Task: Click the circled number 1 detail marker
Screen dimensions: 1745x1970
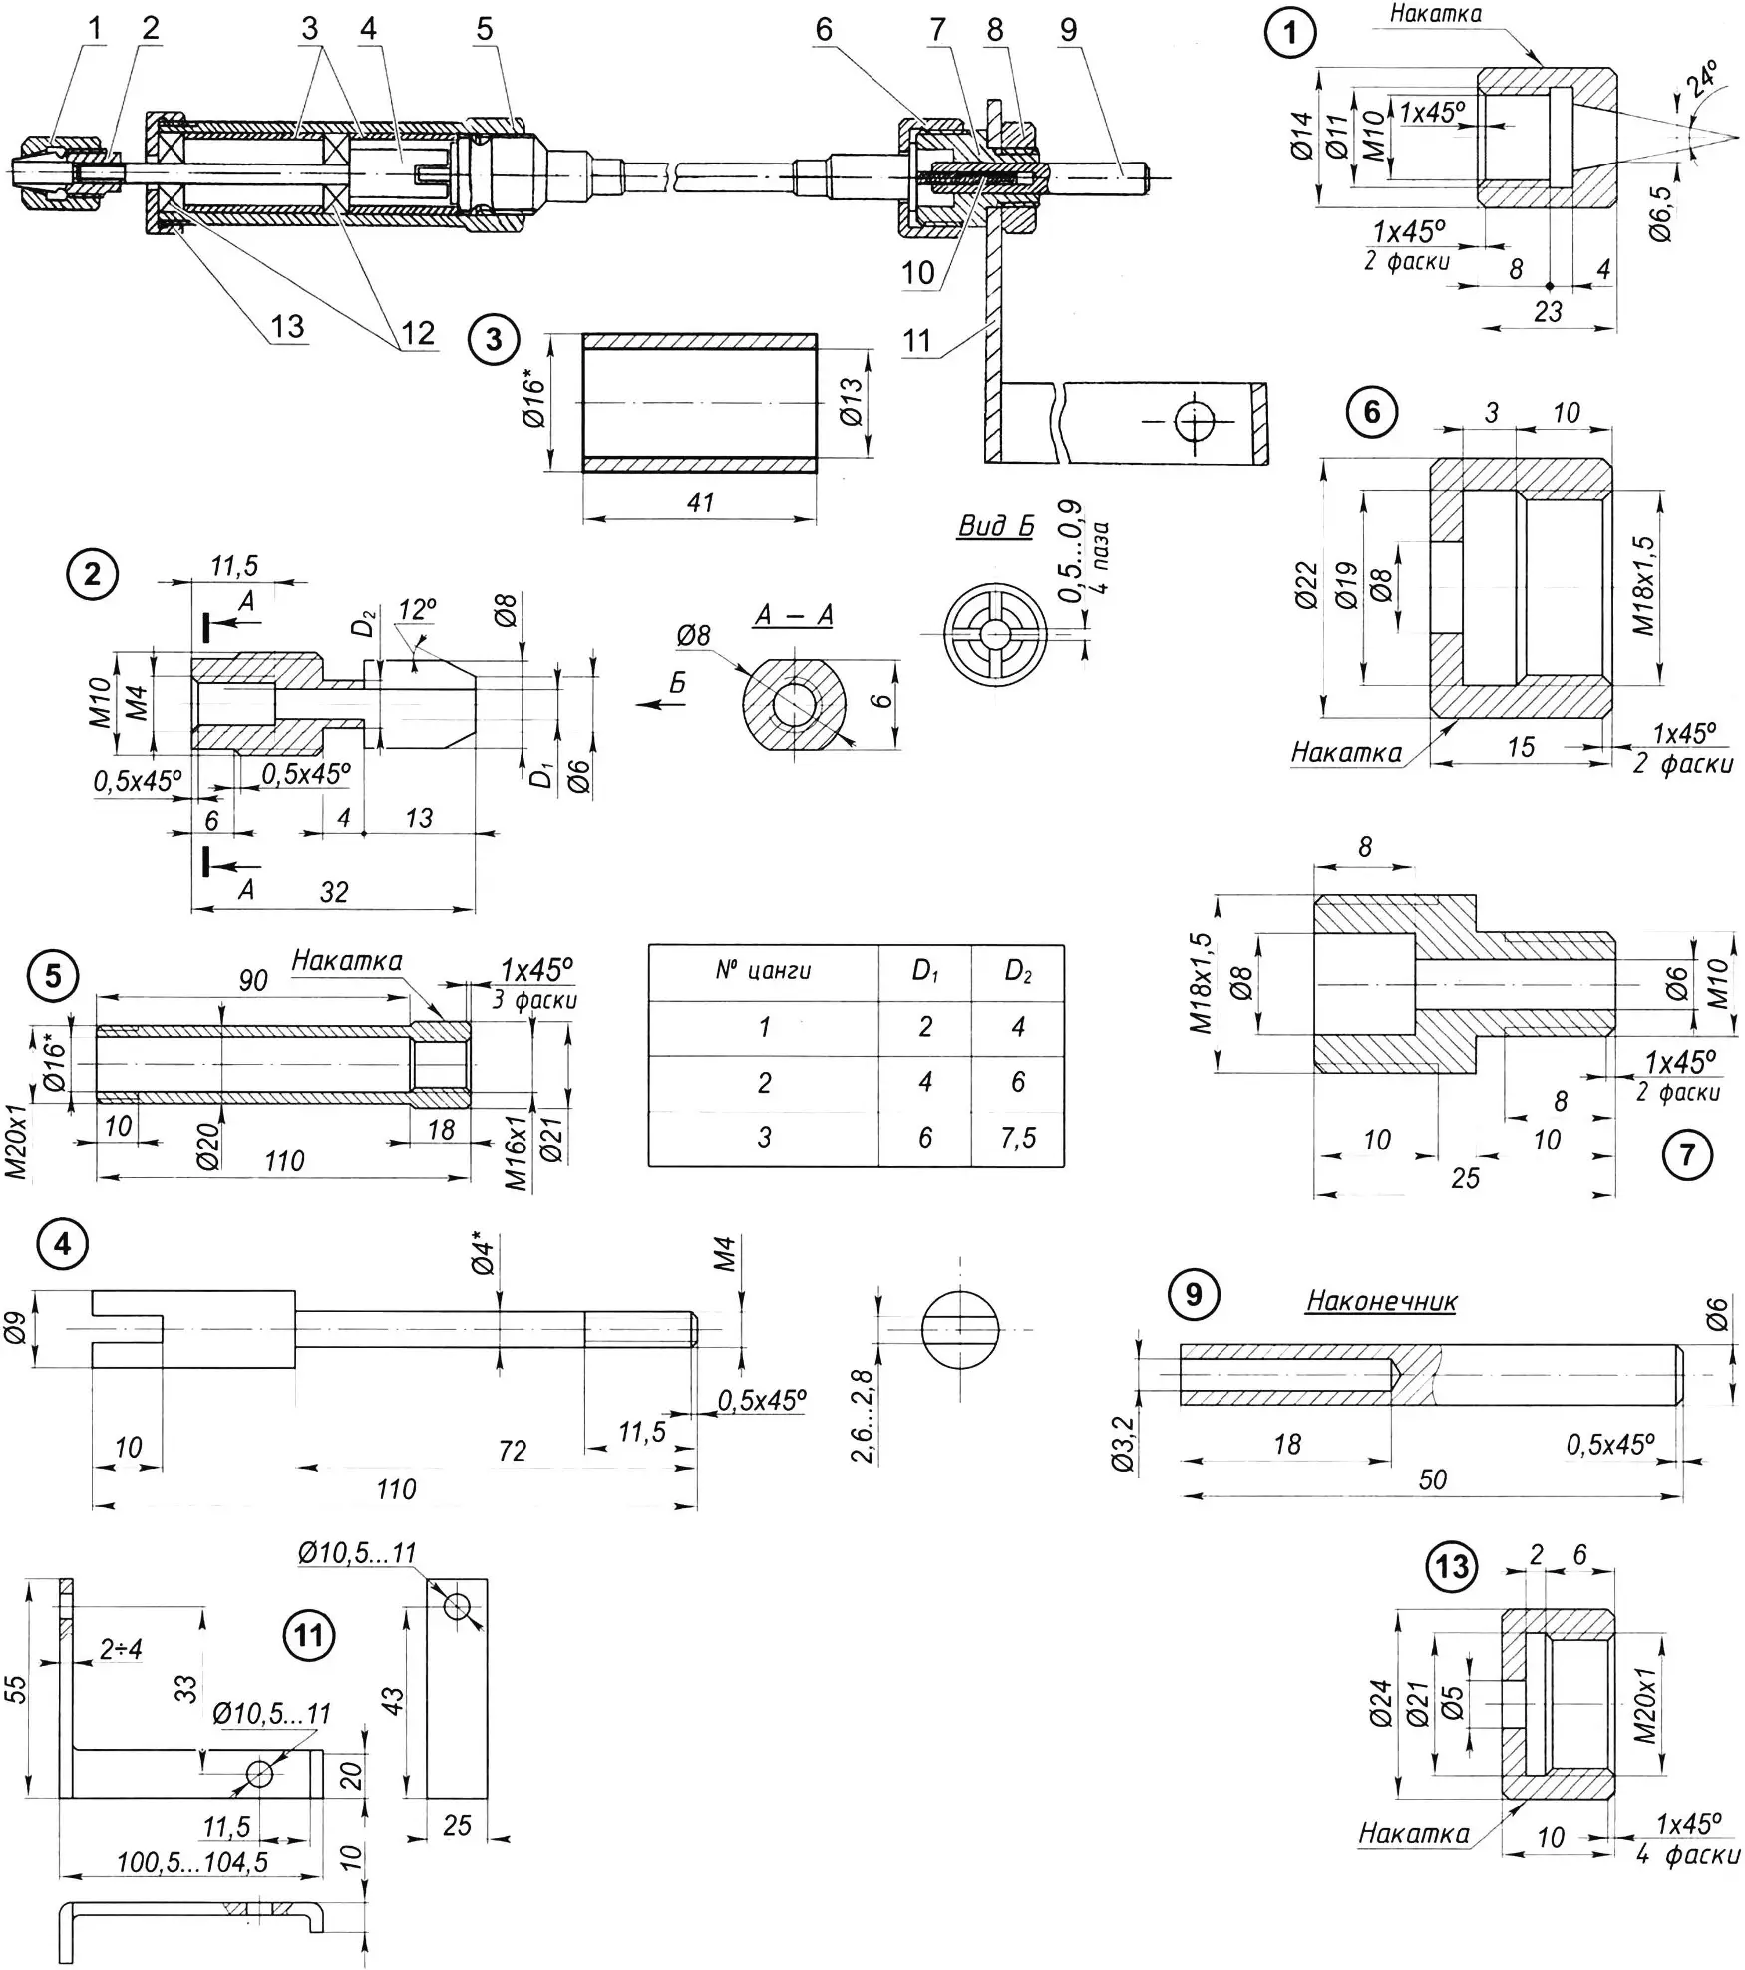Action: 1291,33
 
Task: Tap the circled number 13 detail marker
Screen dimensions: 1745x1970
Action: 1452,1566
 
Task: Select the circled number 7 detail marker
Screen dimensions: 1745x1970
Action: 1687,1154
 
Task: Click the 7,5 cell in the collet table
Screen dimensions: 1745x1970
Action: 1018,1137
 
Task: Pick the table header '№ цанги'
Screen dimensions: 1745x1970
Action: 763,970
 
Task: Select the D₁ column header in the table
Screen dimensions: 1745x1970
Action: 925,970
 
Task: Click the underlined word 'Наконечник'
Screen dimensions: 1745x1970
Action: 1381,1300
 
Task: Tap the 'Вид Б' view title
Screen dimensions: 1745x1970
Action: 996,526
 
